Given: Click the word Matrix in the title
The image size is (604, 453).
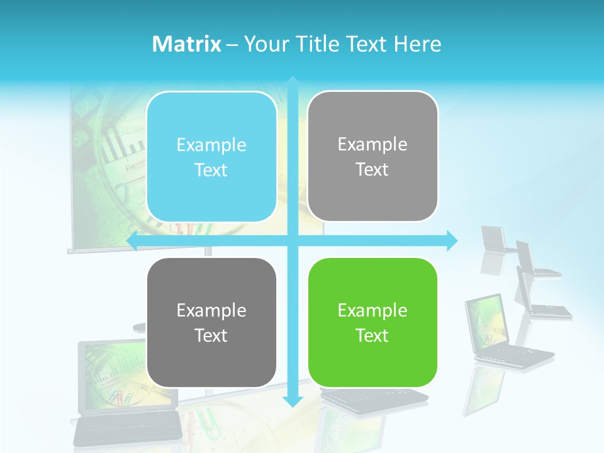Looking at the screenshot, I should click(186, 44).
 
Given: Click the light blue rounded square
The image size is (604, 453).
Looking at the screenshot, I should click(211, 157).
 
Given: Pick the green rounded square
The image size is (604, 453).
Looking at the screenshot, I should click(372, 322).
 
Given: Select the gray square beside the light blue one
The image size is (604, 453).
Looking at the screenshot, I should click(372, 156).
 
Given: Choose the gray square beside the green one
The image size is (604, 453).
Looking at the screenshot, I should click(211, 322).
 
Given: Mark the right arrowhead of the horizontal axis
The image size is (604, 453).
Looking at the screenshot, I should click(451, 240).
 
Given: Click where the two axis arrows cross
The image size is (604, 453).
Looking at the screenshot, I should click(293, 240).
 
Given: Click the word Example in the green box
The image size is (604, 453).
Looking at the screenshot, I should click(372, 310).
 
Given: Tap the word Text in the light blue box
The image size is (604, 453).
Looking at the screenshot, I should click(211, 171).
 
